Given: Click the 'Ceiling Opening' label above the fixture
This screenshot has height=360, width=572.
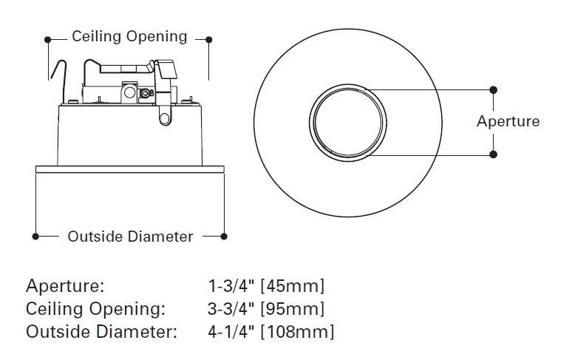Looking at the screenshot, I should (129, 37).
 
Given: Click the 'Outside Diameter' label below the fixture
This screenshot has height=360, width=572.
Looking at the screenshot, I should (130, 237).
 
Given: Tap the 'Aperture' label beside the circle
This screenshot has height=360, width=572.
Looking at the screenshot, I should (508, 121).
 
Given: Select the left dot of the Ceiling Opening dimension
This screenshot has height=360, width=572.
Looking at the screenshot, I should (48, 38).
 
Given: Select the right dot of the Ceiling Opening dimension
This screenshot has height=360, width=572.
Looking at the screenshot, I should (209, 38).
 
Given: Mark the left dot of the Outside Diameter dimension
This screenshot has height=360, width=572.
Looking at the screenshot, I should (35, 237).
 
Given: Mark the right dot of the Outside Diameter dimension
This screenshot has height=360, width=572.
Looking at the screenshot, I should (225, 237).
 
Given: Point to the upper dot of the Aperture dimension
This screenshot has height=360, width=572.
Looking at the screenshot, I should (494, 89).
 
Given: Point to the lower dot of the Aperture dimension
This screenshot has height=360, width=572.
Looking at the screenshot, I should (494, 154).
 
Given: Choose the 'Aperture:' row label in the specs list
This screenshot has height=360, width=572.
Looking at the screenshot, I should (65, 286).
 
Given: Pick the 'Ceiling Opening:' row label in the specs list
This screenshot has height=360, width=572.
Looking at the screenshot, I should (95, 309).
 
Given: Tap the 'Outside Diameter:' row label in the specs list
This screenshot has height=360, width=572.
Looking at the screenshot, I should (101, 332).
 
